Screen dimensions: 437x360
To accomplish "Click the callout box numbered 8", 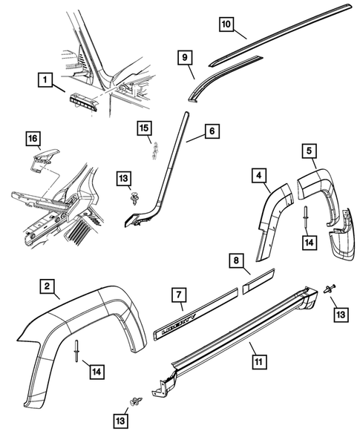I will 235,260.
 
